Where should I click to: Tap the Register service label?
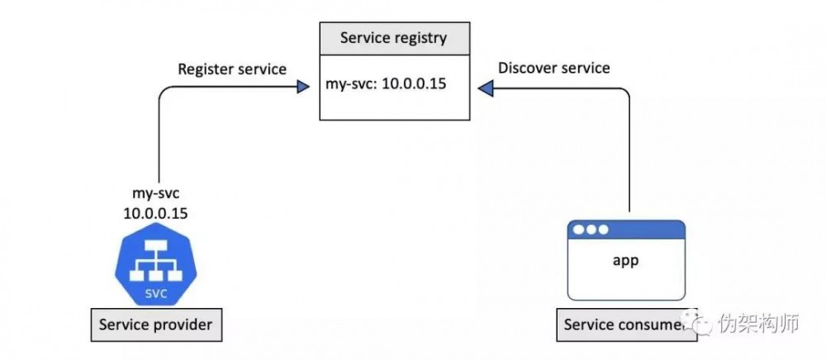point(232,69)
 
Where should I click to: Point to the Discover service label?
point(554,68)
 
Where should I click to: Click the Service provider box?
point(155,325)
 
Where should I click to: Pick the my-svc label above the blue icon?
point(155,194)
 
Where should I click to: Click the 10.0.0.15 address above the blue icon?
point(155,213)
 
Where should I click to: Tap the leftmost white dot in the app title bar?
point(579,230)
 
